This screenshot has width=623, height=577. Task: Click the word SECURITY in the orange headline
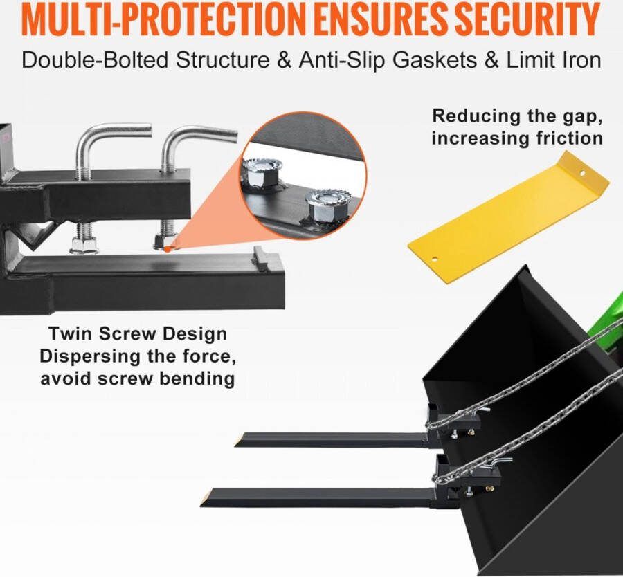point(527,19)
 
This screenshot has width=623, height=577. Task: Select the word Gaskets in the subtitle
point(435,61)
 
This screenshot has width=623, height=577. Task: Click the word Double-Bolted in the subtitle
point(95,61)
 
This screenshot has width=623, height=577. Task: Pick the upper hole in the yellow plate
point(581,173)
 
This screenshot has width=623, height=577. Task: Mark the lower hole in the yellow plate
point(435,259)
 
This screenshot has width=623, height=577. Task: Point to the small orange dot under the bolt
point(168,248)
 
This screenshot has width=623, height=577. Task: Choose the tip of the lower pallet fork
point(201,505)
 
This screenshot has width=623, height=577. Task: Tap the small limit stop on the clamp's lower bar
point(261,257)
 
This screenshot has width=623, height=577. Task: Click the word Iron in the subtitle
point(584,61)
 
